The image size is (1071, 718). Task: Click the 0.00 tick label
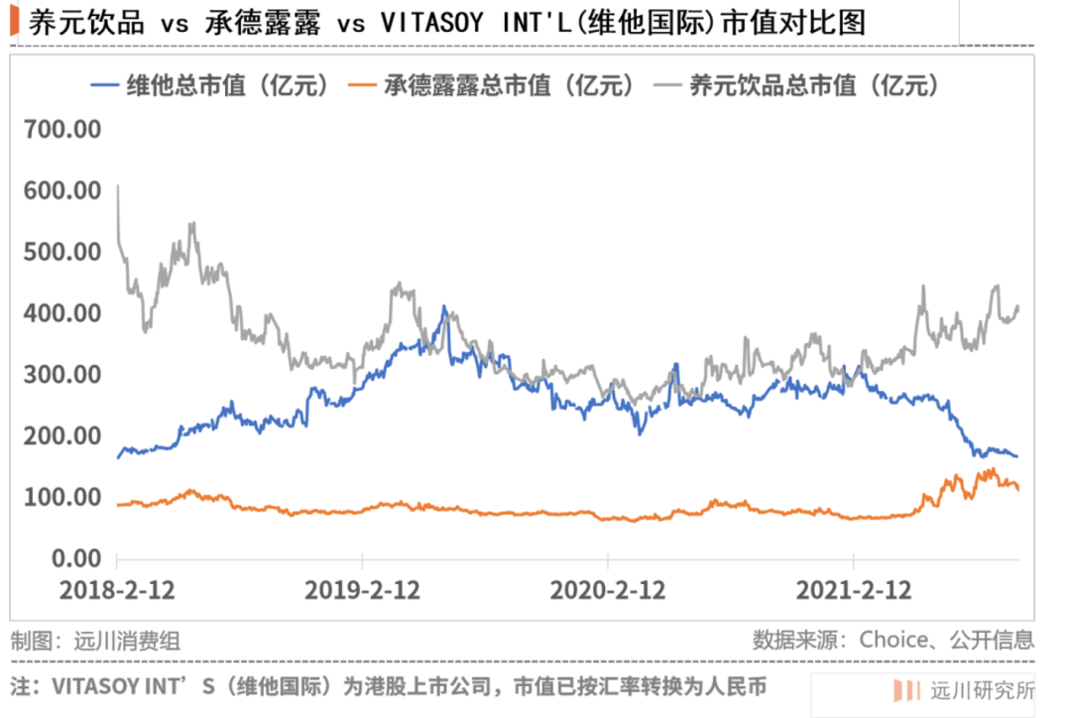(74, 558)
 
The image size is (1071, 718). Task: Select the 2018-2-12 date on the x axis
(117, 590)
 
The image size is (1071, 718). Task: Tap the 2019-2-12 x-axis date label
(363, 590)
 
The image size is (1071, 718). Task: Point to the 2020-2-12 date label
(608, 590)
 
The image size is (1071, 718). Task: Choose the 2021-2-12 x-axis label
(854, 590)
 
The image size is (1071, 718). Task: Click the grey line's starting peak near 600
(118, 186)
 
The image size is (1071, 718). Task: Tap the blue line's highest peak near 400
(444, 307)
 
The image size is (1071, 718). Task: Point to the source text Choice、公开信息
(946, 640)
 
